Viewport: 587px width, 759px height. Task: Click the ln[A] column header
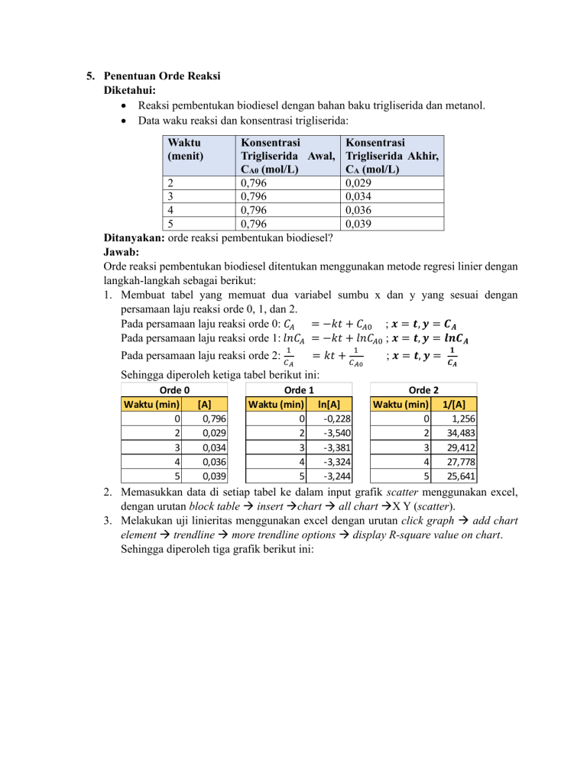click(x=329, y=403)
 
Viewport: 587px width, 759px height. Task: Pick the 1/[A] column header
click(x=455, y=403)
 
